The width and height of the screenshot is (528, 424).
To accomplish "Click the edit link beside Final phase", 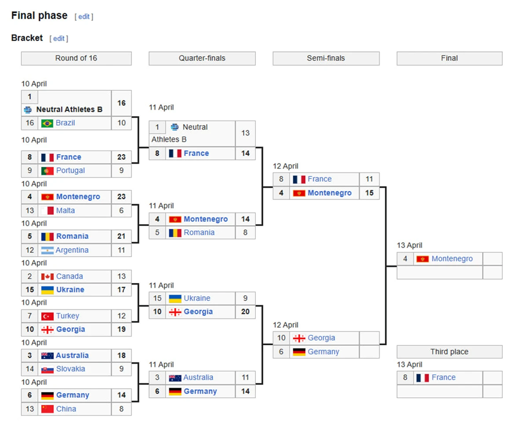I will (84, 17).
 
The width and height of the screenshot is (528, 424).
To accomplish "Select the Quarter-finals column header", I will (202, 58).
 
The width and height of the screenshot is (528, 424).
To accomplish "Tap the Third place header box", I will (449, 352).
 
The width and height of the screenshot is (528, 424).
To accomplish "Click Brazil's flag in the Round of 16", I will (47, 123).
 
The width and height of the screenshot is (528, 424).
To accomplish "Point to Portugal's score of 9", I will (122, 171).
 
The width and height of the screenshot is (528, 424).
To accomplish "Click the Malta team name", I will (65, 210).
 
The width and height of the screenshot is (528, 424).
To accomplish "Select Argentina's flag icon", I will (47, 250).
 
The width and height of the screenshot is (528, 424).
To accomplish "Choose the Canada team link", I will (69, 276).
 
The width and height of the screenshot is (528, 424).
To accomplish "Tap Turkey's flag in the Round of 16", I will (47, 316).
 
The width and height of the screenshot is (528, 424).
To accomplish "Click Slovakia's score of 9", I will (122, 369).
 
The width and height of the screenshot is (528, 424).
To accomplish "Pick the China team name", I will (66, 409).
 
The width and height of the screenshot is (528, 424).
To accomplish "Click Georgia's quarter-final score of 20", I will (245, 312).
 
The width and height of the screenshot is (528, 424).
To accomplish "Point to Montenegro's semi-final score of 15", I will (369, 193).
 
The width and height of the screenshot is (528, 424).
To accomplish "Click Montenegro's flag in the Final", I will (422, 259).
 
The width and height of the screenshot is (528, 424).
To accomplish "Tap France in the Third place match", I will (443, 378).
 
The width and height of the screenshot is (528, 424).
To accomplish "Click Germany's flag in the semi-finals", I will (299, 351).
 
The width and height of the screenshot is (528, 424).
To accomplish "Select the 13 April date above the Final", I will (410, 246).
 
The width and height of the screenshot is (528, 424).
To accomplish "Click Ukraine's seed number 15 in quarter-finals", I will (157, 298).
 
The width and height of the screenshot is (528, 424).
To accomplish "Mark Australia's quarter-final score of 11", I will (245, 378).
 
